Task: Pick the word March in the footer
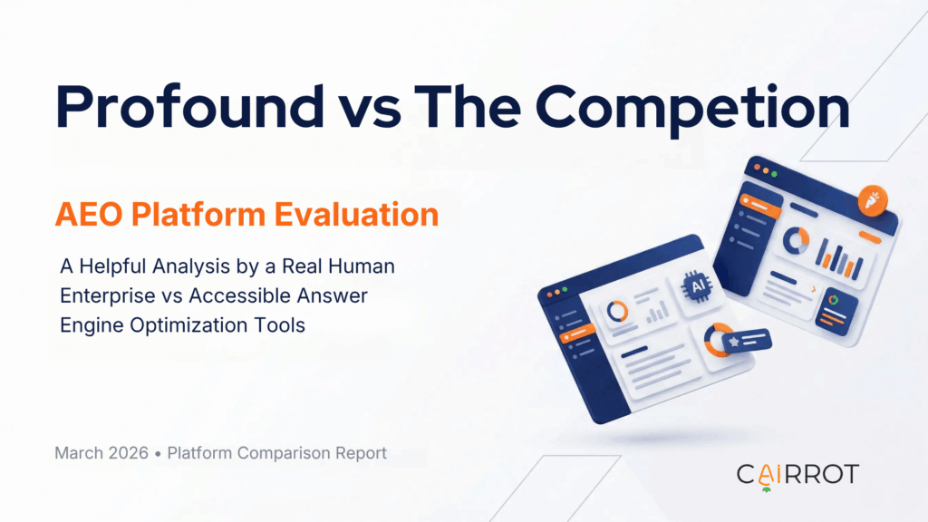[x=78, y=453]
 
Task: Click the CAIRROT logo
[x=797, y=474]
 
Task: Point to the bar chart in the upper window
[x=835, y=257]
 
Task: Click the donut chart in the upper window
[x=796, y=239]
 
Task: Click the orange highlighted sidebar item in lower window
[x=576, y=337]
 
